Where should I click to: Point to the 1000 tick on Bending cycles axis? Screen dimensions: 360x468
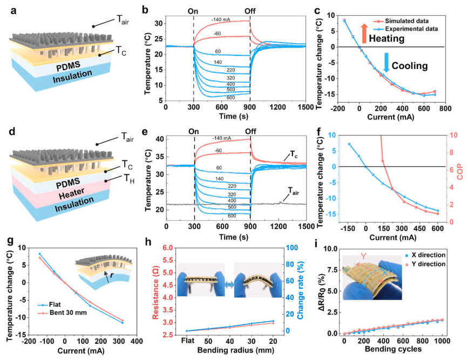click(441, 343)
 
